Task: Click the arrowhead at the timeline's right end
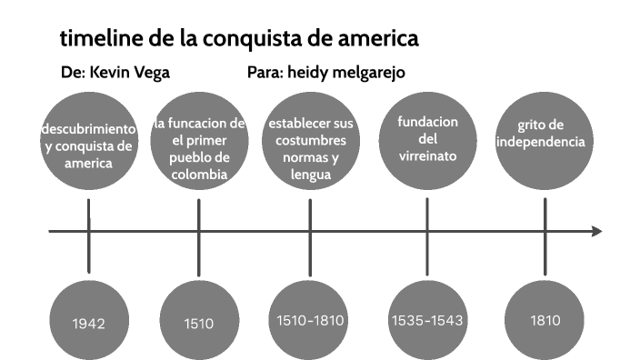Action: (597, 231)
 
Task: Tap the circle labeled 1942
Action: (88, 321)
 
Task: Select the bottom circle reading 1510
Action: (197, 321)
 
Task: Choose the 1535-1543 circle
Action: (426, 321)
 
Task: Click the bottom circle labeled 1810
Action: (545, 321)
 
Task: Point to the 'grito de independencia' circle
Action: (545, 136)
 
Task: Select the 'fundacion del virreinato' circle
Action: (426, 136)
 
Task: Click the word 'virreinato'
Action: (426, 156)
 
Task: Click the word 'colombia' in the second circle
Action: (197, 175)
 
